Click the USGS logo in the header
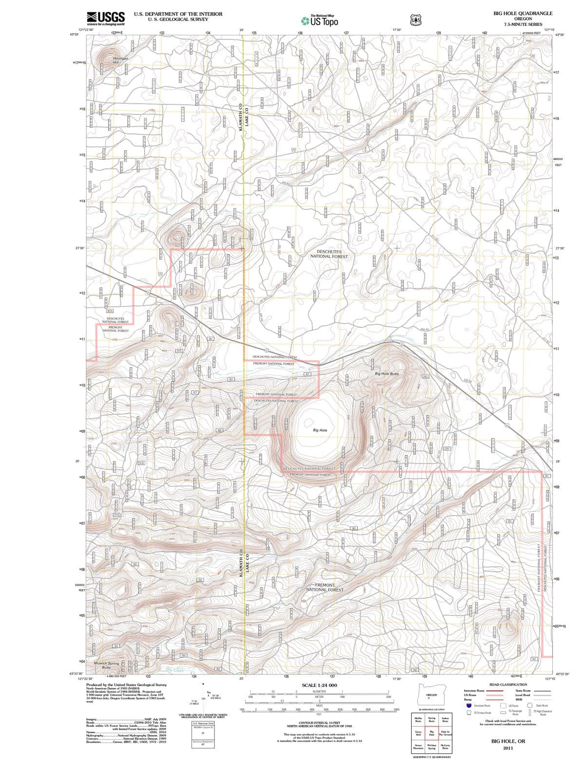point(106,19)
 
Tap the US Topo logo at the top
point(320,20)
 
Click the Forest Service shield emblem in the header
point(416,20)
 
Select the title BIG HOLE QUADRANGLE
point(523,14)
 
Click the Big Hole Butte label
point(387,373)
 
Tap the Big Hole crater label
point(320,430)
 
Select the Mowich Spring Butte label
point(106,665)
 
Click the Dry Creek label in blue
point(175,670)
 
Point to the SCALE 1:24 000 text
point(319,686)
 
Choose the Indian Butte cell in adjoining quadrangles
point(445,719)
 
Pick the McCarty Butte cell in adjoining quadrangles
point(445,746)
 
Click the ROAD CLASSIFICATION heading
point(508,685)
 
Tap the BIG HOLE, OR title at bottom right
point(508,741)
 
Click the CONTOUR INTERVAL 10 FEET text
point(319,723)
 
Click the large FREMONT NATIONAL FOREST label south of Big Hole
point(324,587)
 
